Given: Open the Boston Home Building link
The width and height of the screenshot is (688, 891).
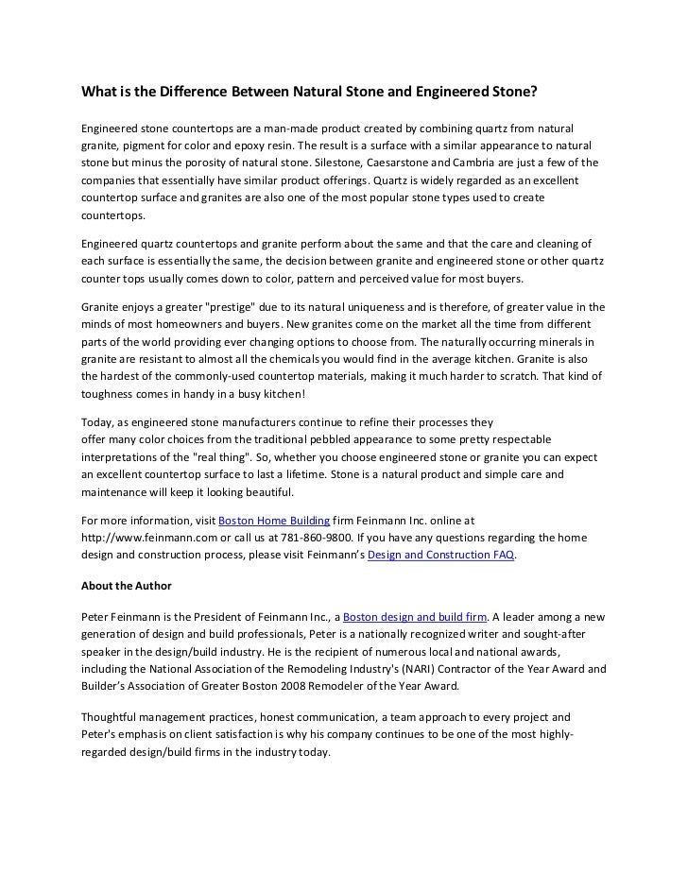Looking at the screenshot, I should tap(274, 521).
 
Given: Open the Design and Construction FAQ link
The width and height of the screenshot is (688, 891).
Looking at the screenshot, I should tap(440, 555).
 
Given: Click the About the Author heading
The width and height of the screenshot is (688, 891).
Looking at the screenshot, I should tap(127, 586).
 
